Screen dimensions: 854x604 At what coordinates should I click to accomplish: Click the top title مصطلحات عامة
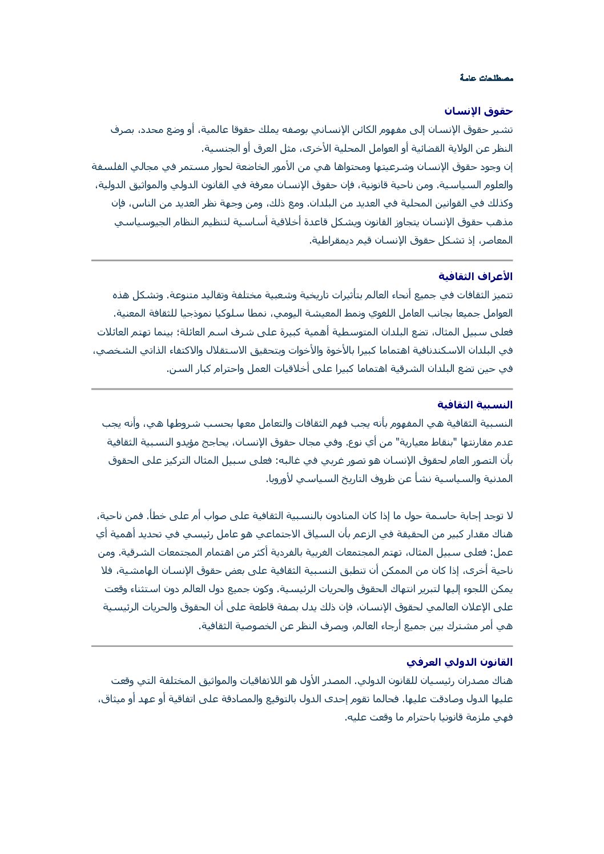click(x=486, y=78)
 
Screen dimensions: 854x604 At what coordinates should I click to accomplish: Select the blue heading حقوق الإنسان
click(x=478, y=111)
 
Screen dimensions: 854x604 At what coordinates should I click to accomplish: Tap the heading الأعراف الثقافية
click(x=476, y=277)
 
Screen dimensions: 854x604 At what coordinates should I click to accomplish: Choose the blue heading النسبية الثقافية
click(x=475, y=405)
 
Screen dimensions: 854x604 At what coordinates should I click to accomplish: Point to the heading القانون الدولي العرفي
click(x=460, y=662)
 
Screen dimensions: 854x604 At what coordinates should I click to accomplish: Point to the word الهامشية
click(x=138, y=571)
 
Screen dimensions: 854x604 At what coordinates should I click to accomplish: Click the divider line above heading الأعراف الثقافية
click(x=302, y=261)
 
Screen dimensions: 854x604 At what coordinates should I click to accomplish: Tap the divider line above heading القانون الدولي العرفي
click(x=302, y=646)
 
